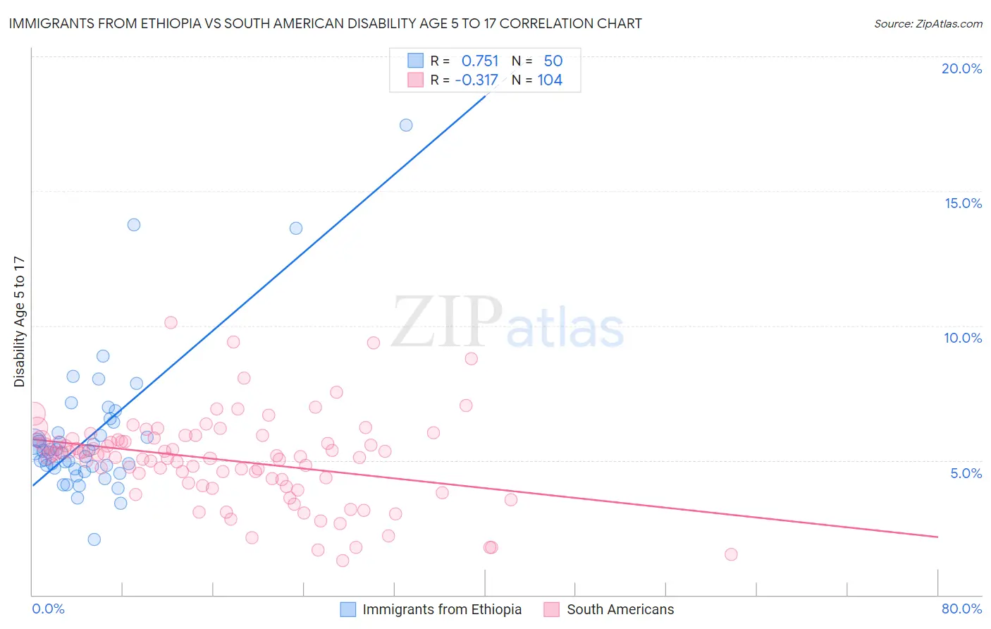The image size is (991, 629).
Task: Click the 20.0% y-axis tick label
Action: [x=961, y=68]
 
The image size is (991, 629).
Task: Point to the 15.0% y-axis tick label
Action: [x=963, y=203]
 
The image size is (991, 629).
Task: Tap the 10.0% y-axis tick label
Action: [x=963, y=338]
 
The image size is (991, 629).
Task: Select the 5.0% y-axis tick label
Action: [x=966, y=473]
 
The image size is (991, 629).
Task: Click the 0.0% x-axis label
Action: [x=48, y=609]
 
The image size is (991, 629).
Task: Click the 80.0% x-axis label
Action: [x=961, y=609]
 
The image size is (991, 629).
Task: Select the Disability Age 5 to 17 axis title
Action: [x=20, y=322]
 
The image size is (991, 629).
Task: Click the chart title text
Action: [x=325, y=23]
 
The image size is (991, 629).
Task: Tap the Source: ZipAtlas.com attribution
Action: [x=928, y=23]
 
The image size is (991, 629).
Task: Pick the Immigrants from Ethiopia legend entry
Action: [x=431, y=609]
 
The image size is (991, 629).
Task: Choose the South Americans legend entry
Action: [x=609, y=609]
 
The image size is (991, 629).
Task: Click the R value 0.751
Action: [x=479, y=61]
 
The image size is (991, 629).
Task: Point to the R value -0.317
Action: [x=476, y=80]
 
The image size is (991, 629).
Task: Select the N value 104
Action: [x=550, y=80]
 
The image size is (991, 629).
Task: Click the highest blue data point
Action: [x=406, y=126]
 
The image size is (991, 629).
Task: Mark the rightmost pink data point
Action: [x=731, y=554]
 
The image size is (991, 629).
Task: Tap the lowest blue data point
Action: [x=94, y=539]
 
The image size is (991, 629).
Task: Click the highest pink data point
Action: [x=171, y=322]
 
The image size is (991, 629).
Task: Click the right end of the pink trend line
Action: [x=937, y=537]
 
